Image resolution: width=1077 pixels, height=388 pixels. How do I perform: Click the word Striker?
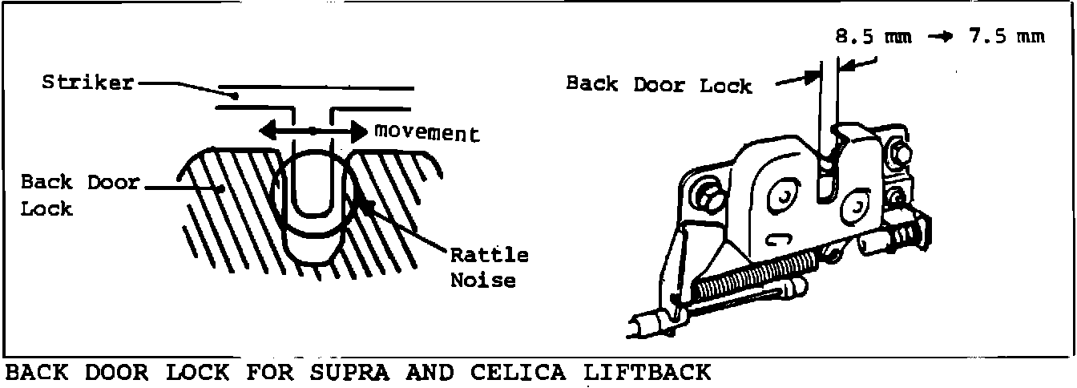(87, 83)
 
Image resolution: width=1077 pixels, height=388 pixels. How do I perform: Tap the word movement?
(426, 133)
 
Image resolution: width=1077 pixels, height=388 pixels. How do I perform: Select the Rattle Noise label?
(489, 268)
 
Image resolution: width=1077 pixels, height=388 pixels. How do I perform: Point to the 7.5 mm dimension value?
(1006, 38)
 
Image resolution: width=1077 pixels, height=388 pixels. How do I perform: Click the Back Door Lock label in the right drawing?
(659, 84)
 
